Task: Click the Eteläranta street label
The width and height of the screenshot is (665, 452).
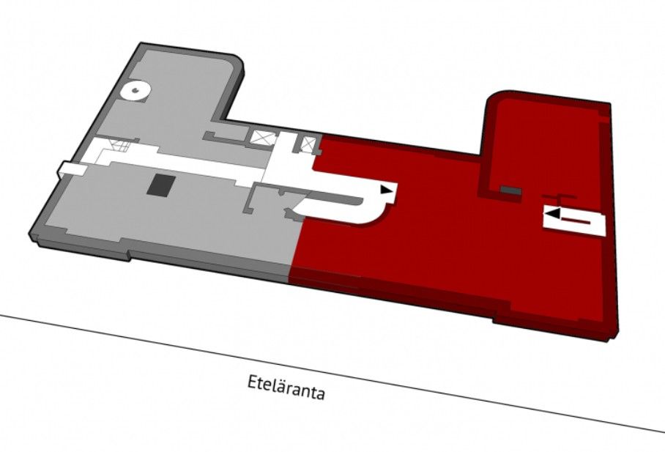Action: [x=286, y=387]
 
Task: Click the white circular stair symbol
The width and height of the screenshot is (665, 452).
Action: [x=135, y=91]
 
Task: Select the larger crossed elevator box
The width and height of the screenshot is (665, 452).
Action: [x=259, y=138]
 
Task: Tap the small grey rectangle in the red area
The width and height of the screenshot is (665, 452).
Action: [x=510, y=190]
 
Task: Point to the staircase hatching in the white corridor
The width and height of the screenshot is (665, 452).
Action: [x=119, y=146]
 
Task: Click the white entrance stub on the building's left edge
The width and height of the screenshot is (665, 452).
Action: [x=71, y=168]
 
